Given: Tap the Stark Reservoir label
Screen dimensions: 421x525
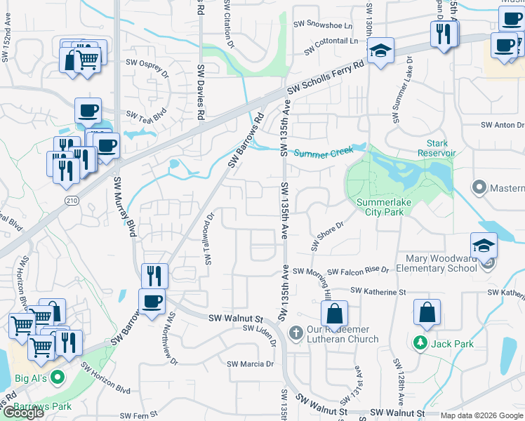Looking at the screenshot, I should point(437,148).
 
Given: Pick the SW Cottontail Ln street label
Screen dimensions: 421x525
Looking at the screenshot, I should point(332,44).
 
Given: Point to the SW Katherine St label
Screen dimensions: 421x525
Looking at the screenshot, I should point(378,291).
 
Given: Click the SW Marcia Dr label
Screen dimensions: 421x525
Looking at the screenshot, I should point(250,364).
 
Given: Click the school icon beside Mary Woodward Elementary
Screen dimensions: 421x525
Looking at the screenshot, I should point(484,246).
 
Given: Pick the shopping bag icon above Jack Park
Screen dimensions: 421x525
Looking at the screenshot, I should point(427,313).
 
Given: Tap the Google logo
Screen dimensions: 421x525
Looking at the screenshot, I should point(23,413).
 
